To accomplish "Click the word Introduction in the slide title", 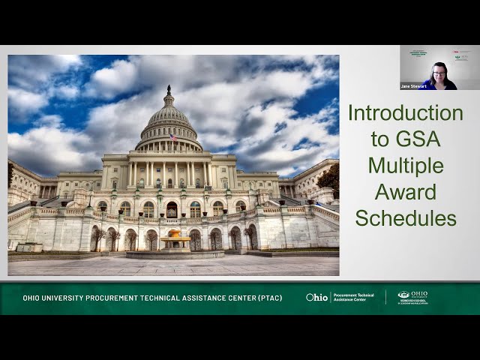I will coord(405,112).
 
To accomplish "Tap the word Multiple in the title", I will coord(406,165).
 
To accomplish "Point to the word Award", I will coord(406,192).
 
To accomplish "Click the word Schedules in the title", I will coord(406,218).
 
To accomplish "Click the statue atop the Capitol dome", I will coord(169,89).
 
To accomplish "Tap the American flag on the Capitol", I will coord(174,137).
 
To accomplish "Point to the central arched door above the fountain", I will coord(172,210).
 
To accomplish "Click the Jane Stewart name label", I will coord(412,86).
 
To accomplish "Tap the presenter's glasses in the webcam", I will coord(439,73).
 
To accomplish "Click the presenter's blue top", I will coord(440,85).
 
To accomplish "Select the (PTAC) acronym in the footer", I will coord(269,298).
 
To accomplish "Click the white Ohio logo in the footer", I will coord(316,298).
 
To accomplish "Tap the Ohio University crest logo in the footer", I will coord(403,295).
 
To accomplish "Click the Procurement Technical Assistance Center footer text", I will coord(353,298).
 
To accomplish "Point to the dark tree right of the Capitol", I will coord(329,180).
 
